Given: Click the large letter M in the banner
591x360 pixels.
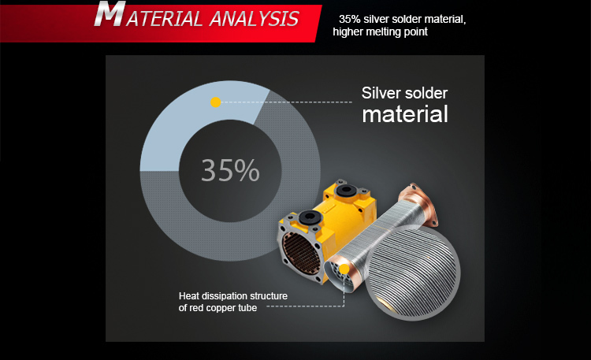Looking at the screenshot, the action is (x=110, y=13).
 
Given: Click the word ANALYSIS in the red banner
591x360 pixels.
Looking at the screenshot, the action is (x=255, y=19).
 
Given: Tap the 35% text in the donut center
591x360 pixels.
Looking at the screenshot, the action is (x=230, y=170).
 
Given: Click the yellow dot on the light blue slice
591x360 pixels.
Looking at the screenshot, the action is (x=216, y=102).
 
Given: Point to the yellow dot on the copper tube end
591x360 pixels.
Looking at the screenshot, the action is (x=344, y=269).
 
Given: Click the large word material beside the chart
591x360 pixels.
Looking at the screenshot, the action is (x=405, y=114).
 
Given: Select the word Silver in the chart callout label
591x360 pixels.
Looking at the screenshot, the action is (x=379, y=93).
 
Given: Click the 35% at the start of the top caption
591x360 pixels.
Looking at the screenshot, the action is (x=349, y=19).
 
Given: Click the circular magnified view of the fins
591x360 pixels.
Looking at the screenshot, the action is (x=413, y=273).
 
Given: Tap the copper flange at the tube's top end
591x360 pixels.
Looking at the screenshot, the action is (x=419, y=202).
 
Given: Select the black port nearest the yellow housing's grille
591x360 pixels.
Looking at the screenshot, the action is (x=310, y=217).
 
